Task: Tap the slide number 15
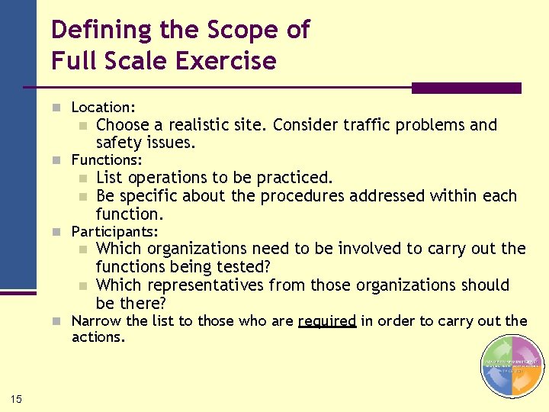16,398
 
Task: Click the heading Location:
103,108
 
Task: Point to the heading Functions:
107,159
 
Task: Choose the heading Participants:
114,231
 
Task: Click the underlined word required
327,321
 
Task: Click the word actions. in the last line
98,336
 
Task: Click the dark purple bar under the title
466,89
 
